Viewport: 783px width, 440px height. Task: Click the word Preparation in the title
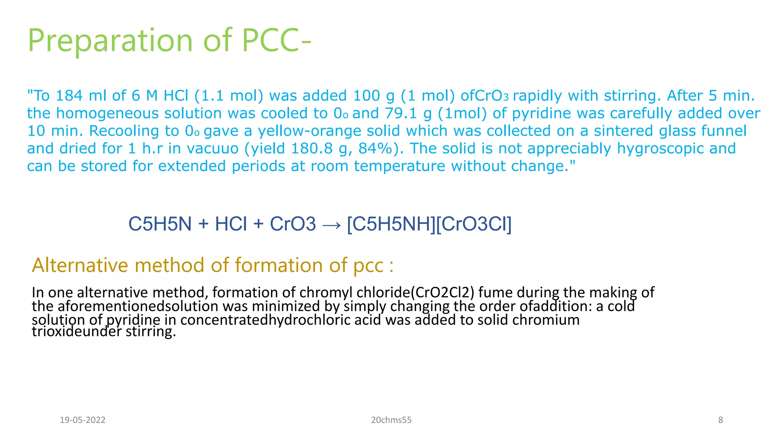(110, 41)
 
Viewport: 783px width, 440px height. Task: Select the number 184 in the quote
(69, 95)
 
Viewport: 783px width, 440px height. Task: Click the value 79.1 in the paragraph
(408, 113)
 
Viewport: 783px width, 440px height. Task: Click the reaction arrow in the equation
(331, 225)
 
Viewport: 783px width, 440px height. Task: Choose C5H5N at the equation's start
(160, 224)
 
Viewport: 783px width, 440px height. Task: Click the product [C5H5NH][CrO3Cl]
(429, 224)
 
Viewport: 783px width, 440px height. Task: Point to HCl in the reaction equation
(231, 224)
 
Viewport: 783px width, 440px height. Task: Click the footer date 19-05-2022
(83, 420)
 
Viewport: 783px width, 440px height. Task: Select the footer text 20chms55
(391, 420)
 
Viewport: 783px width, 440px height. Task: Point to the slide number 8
(720, 420)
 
